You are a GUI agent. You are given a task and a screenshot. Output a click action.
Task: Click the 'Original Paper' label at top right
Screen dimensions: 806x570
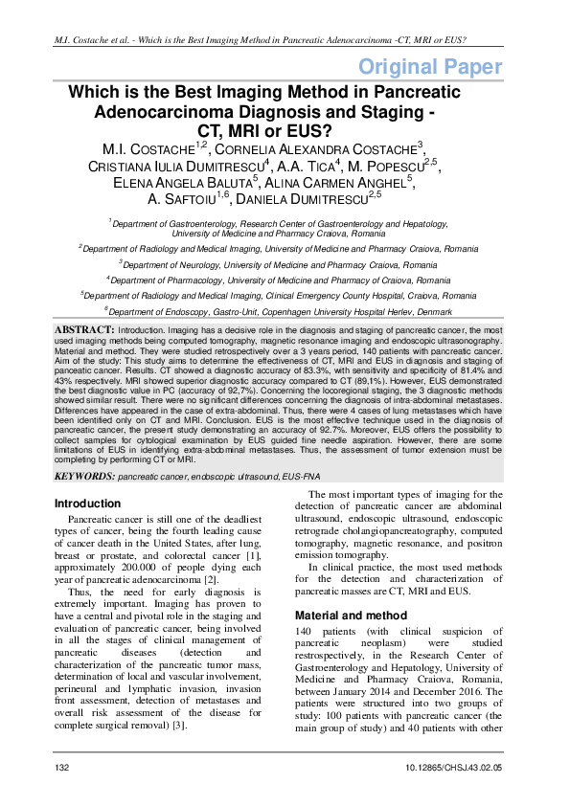[x=429, y=67]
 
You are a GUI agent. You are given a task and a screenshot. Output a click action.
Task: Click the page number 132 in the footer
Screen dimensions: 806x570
[x=62, y=768]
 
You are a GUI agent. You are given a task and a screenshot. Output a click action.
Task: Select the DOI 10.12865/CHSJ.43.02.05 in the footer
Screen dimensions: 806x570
[x=453, y=768]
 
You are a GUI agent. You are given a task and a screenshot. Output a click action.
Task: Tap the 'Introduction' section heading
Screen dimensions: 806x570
[x=88, y=504]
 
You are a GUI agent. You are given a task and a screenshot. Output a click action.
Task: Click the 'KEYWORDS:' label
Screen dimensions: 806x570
[x=84, y=476]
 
